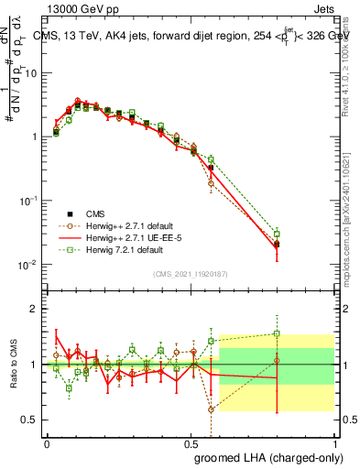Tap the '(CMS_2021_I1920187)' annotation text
coord(190,274)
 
